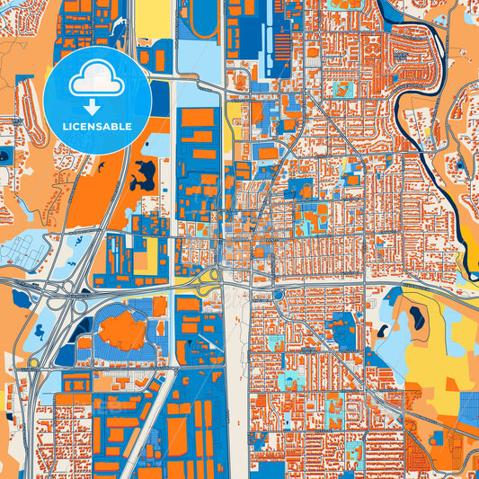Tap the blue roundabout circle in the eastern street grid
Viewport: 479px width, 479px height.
[x=279, y=294]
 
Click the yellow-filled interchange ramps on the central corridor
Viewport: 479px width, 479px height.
[x=208, y=278]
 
